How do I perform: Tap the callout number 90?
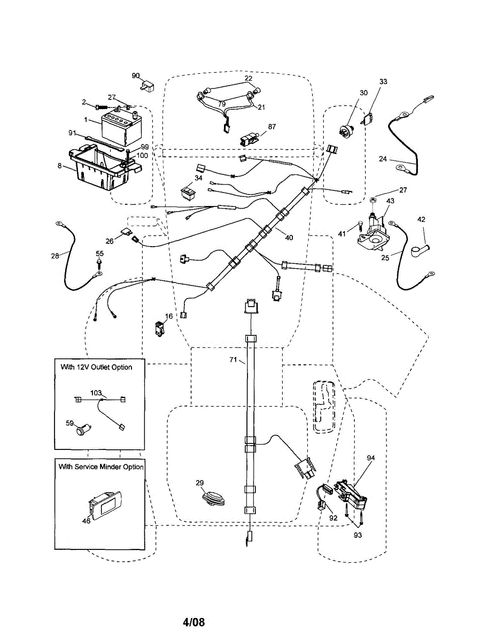136,76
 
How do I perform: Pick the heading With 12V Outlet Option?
96,367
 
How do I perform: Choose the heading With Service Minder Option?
101,467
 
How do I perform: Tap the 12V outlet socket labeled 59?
83,429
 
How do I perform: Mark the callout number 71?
233,360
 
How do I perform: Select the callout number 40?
289,238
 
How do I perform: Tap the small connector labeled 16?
159,329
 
